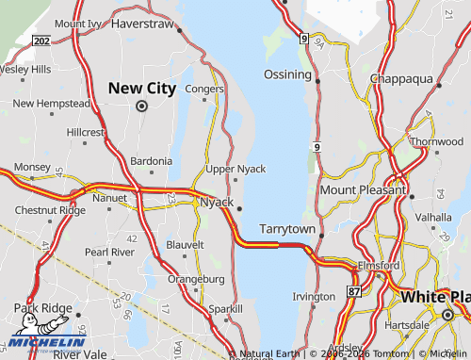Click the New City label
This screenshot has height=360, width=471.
(x=141, y=88)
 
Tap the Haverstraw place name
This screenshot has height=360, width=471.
(x=143, y=23)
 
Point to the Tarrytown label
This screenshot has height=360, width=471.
(x=287, y=229)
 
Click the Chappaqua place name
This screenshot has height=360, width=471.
(x=406, y=78)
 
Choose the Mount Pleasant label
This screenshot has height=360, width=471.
(x=363, y=189)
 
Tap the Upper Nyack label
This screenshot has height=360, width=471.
(x=235, y=169)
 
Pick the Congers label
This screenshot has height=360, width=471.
(x=205, y=90)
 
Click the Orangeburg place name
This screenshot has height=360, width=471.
(x=195, y=279)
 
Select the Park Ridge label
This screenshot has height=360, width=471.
(x=42, y=308)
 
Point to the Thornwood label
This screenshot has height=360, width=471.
(x=437, y=141)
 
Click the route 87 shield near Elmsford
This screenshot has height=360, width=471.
(x=353, y=291)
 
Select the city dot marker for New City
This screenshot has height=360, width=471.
(x=141, y=106)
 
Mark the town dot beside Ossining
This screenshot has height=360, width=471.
(x=318, y=81)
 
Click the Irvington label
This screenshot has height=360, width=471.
(x=314, y=296)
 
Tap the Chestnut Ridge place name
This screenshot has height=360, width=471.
(x=50, y=209)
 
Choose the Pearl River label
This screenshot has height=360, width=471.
(x=109, y=253)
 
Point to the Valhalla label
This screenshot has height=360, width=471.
(x=433, y=217)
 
